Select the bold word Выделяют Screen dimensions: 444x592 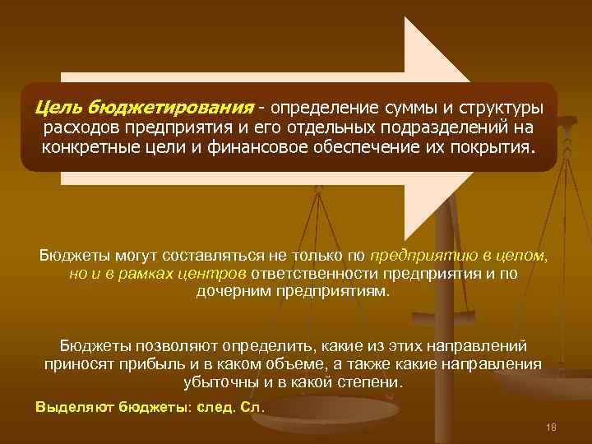[74, 407]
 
